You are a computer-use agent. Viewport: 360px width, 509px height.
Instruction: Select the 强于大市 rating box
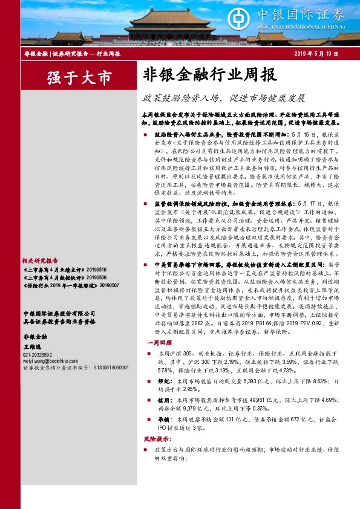71,77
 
